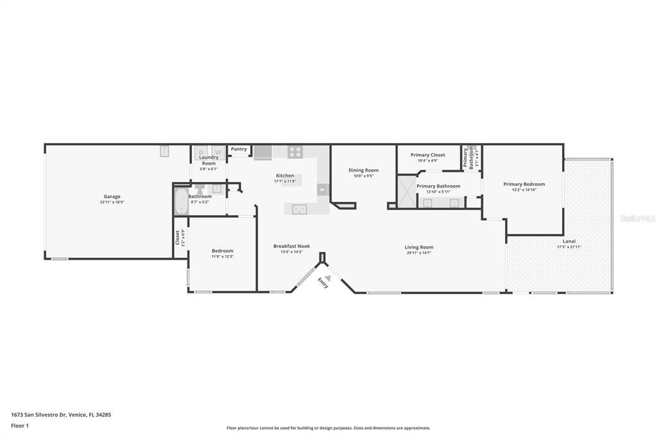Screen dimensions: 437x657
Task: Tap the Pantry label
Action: tap(239, 149)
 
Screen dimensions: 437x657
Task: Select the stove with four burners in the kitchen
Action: tap(295, 153)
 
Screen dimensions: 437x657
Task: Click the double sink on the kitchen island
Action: tap(300, 209)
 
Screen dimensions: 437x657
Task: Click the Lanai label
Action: tap(569, 241)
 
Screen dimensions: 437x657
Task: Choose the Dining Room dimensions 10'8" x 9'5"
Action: tap(363, 176)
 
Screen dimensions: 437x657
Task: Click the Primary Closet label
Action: tap(427, 154)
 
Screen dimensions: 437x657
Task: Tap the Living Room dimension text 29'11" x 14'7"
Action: tap(418, 253)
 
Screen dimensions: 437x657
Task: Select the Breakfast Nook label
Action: tap(291, 246)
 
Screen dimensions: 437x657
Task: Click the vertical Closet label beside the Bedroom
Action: tap(178, 237)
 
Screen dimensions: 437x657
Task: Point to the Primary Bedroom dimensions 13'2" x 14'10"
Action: tap(524, 190)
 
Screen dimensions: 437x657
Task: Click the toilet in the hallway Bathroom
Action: tap(199, 188)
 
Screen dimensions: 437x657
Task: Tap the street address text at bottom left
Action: tap(61, 415)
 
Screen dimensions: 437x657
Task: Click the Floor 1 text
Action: tap(19, 425)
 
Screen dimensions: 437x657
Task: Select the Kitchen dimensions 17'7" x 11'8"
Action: tap(285, 181)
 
